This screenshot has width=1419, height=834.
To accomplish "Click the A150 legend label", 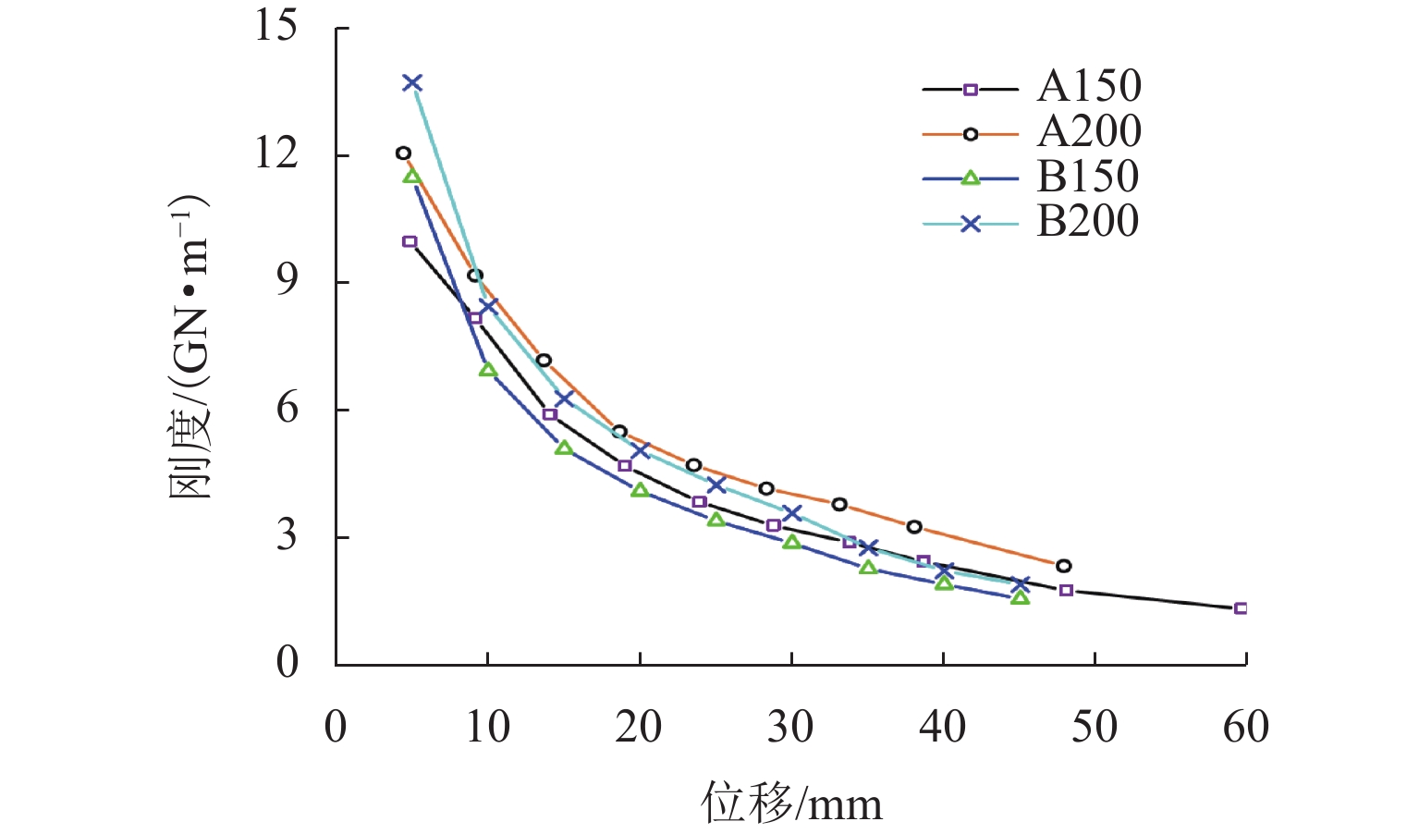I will point(1089,87).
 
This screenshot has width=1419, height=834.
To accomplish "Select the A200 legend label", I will point(1089,132).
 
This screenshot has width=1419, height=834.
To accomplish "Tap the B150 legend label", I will point(1087,177).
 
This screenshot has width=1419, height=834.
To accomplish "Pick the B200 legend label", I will point(1087,221).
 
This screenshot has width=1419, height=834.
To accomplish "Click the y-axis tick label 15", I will point(276,26).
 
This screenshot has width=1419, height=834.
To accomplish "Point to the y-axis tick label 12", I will point(276,153).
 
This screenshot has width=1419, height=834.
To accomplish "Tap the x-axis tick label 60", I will point(1245,728).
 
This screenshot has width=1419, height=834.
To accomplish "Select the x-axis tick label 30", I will point(790,728).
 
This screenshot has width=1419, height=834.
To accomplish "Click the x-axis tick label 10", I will point(487,728).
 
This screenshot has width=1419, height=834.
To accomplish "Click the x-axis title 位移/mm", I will point(791,803).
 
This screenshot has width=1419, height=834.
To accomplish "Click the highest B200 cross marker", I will point(412,83).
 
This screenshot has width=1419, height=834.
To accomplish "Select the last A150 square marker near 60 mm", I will point(1241,608).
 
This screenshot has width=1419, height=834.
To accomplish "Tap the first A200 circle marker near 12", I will point(403,153).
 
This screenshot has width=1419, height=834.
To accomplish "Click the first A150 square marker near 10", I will point(410,242).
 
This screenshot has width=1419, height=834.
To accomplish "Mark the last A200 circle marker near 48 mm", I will point(1063,566).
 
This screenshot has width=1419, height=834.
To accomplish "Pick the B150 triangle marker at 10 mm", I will point(487,370).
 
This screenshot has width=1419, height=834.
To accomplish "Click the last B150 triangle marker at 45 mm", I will point(1020,598).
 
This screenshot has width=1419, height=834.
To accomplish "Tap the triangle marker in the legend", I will point(970,178).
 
